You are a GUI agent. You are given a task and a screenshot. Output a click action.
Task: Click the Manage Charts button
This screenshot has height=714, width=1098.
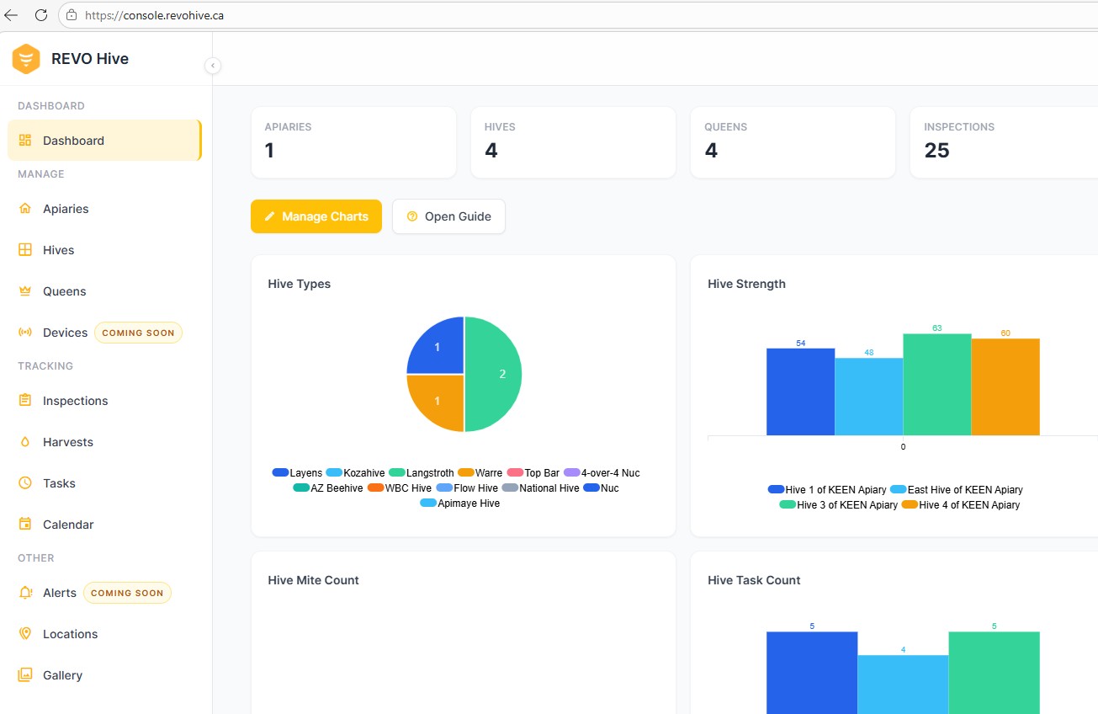[316, 216]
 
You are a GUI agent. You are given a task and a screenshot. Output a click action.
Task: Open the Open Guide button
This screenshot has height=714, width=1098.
[448, 216]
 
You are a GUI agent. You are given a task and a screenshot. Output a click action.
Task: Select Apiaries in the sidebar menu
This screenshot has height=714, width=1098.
[66, 209]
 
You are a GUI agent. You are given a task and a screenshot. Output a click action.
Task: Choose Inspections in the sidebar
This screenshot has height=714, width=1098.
[75, 401]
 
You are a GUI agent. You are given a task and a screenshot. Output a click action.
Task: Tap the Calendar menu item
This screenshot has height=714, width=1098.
[68, 525]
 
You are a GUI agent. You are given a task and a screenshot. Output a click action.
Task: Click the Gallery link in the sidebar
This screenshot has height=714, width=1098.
[62, 675]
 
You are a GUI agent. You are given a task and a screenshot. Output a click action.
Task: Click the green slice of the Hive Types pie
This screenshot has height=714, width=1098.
[493, 374]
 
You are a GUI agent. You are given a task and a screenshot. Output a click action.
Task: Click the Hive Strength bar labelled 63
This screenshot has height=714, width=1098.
[937, 385]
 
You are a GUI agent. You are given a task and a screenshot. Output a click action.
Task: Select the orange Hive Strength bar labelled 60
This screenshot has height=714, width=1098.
[1005, 387]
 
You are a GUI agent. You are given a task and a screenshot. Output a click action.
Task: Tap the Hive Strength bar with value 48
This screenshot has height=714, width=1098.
[869, 397]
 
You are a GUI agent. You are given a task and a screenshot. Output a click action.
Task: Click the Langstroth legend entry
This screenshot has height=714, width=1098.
[422, 472]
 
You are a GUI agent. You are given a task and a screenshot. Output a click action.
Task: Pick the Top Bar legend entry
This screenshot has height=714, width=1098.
[533, 472]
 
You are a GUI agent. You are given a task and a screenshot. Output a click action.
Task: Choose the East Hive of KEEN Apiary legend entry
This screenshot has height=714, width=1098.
[957, 489]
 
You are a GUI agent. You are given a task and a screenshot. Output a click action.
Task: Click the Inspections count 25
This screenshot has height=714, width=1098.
[936, 150]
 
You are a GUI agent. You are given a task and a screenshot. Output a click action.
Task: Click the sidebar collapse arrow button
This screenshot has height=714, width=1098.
[213, 65]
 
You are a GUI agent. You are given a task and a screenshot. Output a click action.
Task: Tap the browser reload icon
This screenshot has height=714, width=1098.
[41, 15]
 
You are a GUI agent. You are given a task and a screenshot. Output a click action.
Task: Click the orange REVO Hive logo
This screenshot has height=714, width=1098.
[26, 59]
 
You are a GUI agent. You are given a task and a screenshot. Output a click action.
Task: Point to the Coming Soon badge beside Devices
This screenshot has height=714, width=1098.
[138, 333]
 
